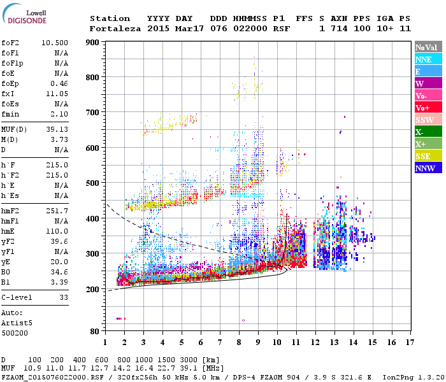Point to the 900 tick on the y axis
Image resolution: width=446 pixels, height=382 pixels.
click(x=92, y=42)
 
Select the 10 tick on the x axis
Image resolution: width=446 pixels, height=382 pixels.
click(x=277, y=343)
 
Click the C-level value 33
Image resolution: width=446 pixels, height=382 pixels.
click(x=64, y=297)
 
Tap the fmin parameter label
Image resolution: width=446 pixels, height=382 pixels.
click(x=11, y=114)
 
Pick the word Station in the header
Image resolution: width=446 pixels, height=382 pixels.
click(x=110, y=18)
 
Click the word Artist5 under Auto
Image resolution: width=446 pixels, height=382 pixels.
click(x=16, y=323)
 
